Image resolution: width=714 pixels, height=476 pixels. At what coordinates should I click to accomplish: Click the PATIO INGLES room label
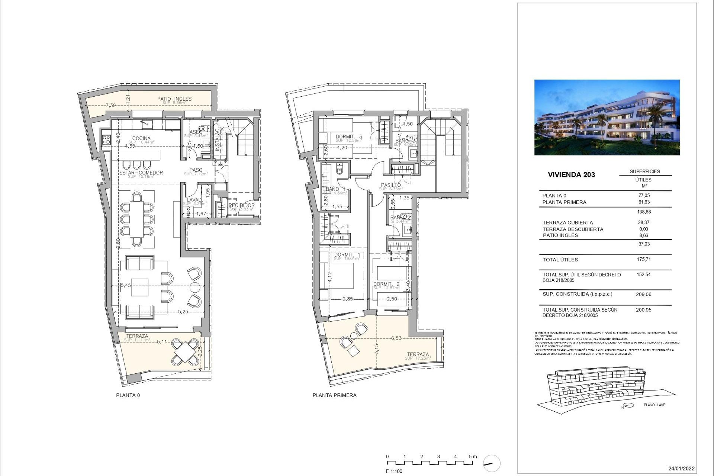pyautogui.click(x=174, y=99)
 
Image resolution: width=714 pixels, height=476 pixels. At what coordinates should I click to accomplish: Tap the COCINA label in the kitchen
pyautogui.click(x=141, y=138)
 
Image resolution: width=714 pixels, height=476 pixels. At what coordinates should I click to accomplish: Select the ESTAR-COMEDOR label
pyautogui.click(x=141, y=173)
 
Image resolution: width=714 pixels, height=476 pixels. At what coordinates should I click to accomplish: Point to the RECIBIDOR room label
pyautogui.click(x=241, y=205)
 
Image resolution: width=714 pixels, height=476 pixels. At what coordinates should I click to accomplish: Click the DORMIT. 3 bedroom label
pyautogui.click(x=348, y=137)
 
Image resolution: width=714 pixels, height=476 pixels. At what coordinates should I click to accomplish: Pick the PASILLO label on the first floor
pyautogui.click(x=391, y=185)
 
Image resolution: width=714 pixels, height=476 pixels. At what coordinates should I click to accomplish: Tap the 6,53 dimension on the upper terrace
pyautogui.click(x=396, y=338)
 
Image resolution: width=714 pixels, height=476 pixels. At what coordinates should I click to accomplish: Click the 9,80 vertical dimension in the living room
pyautogui.click(x=118, y=243)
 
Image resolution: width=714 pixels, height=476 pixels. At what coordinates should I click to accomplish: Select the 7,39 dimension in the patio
pyautogui.click(x=110, y=106)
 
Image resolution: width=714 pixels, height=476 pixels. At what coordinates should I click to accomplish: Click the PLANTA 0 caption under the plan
pyautogui.click(x=128, y=395)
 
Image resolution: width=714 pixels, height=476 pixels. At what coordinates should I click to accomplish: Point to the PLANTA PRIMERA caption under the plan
pyautogui.click(x=334, y=395)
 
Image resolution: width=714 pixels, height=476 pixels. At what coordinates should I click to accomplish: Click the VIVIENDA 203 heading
pyautogui.click(x=571, y=175)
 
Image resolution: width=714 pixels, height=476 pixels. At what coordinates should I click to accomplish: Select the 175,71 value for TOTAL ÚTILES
pyautogui.click(x=644, y=260)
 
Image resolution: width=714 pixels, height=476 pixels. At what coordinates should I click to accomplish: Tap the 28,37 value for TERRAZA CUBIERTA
pyautogui.click(x=643, y=222)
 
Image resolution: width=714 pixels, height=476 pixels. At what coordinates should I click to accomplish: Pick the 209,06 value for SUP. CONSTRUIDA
pyautogui.click(x=644, y=294)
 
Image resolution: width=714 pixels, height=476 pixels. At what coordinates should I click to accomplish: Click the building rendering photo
pyautogui.click(x=607, y=117)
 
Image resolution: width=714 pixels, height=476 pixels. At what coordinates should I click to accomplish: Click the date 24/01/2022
pyautogui.click(x=681, y=469)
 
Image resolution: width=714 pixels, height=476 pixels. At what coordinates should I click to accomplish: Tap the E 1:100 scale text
pyautogui.click(x=394, y=471)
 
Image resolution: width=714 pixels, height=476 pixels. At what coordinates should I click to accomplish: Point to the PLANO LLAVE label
pyautogui.click(x=654, y=405)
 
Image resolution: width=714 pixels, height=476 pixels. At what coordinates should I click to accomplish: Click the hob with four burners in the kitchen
pyautogui.click(x=106, y=139)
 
